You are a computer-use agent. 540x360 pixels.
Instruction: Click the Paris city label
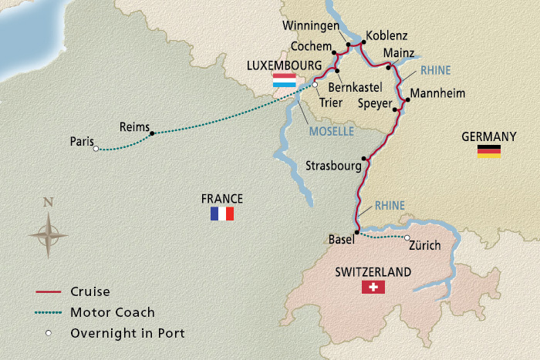(81, 141)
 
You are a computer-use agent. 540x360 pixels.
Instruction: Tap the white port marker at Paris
(96, 150)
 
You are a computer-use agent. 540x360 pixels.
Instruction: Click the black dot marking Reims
(152, 133)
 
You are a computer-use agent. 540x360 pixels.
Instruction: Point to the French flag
(221, 214)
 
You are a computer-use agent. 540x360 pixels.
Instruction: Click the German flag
(489, 151)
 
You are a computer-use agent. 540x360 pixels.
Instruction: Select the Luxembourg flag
(283, 80)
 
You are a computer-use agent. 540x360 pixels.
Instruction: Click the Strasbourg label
(333, 166)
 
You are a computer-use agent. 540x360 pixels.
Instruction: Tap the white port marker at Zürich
(407, 238)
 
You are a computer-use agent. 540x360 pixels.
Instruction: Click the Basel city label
(340, 239)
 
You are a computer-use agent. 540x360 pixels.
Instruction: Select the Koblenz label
(388, 35)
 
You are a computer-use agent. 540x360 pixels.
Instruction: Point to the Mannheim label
(438, 94)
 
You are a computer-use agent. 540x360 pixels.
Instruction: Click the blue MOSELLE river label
(331, 132)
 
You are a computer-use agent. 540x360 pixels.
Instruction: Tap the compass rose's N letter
(48, 203)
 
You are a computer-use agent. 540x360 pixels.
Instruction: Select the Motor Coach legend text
(113, 312)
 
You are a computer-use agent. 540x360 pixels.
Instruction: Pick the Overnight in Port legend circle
(49, 333)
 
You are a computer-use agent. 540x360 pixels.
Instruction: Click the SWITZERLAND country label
(373, 272)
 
